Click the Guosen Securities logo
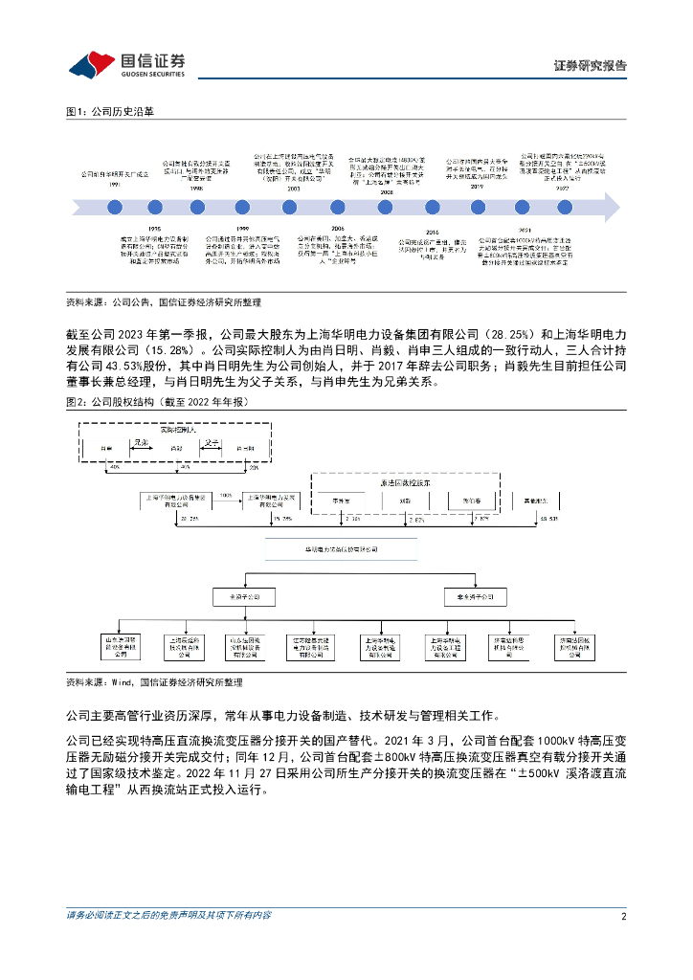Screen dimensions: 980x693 126,64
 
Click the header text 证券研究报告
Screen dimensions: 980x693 591,66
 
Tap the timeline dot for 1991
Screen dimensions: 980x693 115,207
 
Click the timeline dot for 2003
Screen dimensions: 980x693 292,207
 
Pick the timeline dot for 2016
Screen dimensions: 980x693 432,207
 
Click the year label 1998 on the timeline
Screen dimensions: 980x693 196,189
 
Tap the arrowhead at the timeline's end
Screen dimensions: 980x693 609,207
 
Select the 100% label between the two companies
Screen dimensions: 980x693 226,496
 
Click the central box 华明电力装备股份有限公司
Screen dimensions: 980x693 343,551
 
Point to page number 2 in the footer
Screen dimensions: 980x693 623,916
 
